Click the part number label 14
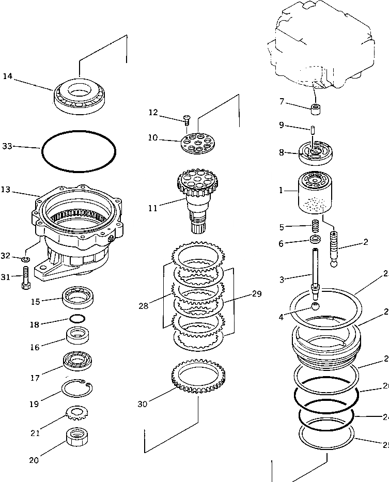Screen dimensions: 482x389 point(7,76)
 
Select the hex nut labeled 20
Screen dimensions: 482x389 point(77,439)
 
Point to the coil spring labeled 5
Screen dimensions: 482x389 point(314,226)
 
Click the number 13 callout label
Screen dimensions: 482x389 point(6,190)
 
